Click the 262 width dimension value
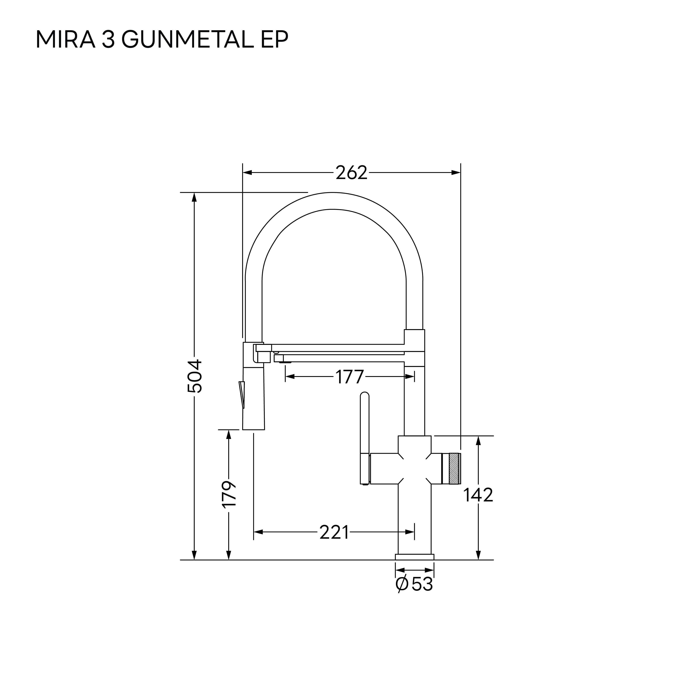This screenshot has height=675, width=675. (x=352, y=173)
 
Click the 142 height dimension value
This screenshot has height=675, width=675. (x=478, y=495)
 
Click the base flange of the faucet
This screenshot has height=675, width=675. (x=414, y=557)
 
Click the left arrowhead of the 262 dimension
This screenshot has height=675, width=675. (x=247, y=173)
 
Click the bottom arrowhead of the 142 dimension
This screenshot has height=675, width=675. (x=478, y=555)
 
